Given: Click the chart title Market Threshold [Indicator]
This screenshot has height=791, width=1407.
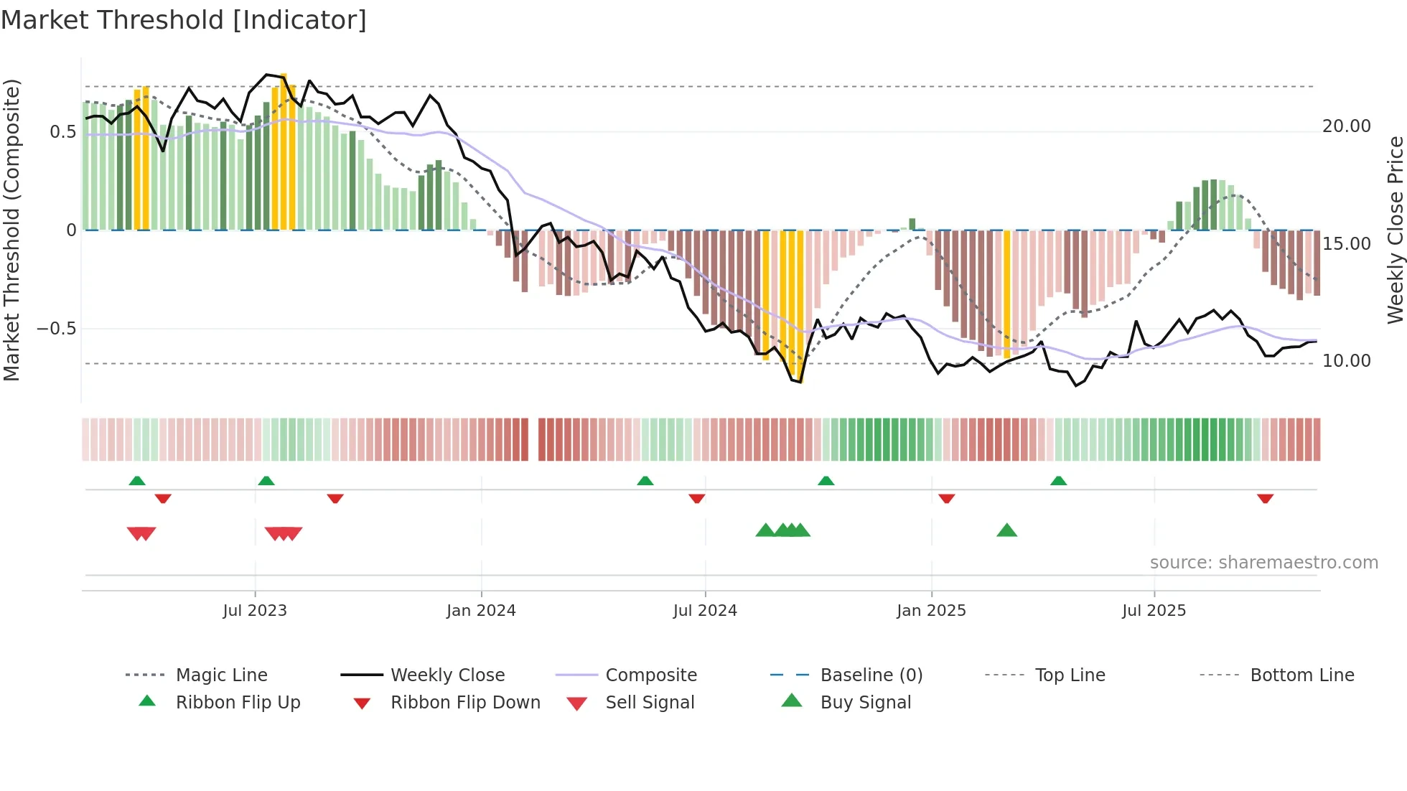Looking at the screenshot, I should [x=184, y=20].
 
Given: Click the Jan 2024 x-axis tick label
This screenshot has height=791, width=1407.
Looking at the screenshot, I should [x=481, y=610].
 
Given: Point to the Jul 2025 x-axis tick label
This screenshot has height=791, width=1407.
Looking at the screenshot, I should [x=1154, y=610].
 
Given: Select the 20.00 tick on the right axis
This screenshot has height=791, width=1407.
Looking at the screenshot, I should [x=1346, y=126].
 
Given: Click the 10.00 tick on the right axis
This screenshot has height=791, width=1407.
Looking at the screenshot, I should [x=1346, y=361].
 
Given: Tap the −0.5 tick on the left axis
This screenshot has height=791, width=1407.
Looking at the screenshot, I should [x=56, y=329].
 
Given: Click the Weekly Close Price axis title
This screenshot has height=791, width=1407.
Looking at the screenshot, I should [x=1395, y=230].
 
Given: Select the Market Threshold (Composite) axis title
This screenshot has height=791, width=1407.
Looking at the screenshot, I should [x=11, y=230].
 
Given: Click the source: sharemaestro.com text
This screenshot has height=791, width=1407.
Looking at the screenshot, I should [x=1263, y=562].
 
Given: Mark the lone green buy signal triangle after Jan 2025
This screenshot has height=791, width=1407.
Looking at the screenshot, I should [x=1006, y=530].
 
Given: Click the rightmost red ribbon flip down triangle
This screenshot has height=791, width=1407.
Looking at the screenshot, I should [x=1265, y=498].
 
